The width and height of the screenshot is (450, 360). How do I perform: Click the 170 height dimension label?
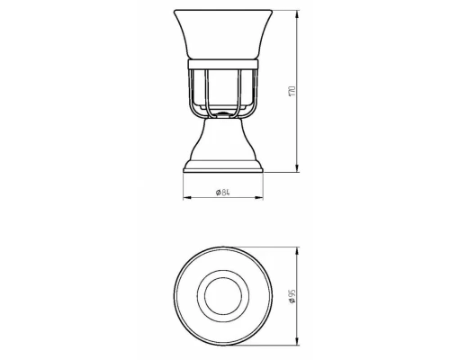(x=292, y=91)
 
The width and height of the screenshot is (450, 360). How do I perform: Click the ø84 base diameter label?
(x=223, y=193)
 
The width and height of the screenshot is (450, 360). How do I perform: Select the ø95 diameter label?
(x=292, y=297)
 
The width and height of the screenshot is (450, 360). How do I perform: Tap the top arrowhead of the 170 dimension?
(x=297, y=14)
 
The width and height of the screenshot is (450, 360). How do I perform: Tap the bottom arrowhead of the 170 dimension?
(x=297, y=168)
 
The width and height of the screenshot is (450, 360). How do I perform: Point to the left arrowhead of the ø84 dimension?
(x=187, y=197)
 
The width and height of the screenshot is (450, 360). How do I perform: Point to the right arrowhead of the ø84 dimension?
(x=259, y=197)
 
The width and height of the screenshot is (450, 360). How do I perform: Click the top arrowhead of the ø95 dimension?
(x=297, y=251)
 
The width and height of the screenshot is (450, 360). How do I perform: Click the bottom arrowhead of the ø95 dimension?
(x=297, y=341)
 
